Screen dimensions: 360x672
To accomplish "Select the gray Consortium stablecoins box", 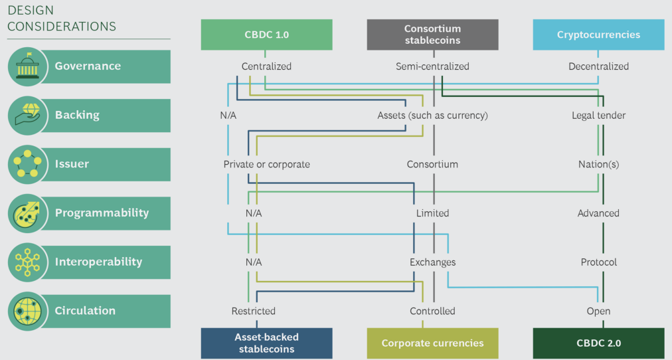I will (432, 35).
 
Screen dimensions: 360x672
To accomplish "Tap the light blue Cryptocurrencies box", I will (598, 35).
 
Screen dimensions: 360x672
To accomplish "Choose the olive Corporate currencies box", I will (432, 343).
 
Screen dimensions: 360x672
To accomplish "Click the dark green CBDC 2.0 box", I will (598, 343).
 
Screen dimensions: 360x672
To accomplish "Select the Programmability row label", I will (102, 213).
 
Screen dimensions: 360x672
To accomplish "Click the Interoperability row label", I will (98, 262).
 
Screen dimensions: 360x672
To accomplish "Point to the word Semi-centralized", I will (432, 66).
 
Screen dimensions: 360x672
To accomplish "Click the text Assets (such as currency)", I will (432, 116).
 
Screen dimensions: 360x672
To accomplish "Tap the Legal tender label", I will (598, 116).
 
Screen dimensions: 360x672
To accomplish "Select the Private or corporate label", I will (266, 164).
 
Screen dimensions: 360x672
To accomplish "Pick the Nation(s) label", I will (598, 164).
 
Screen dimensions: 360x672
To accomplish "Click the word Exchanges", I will (432, 262).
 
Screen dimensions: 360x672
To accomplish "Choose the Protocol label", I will (598, 262).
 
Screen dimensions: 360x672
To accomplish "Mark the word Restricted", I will (253, 311).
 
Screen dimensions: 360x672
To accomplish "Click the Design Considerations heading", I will (61, 19).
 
